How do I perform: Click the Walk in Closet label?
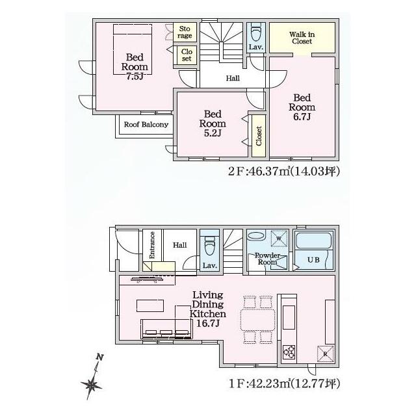click(x=302, y=38)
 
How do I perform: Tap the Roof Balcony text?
click(x=146, y=124)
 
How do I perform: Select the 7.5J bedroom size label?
click(x=135, y=77)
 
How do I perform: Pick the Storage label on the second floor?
click(x=185, y=32)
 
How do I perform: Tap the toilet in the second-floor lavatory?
click(x=256, y=32)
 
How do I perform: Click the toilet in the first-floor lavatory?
click(x=209, y=246)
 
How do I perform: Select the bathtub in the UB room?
click(x=313, y=240)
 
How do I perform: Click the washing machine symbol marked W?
click(x=279, y=239)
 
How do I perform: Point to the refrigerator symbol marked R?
click(x=325, y=354)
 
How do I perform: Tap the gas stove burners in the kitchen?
click(x=289, y=352)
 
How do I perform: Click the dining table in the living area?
click(x=258, y=320)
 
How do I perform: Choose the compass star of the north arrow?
click(x=92, y=385)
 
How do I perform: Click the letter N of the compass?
click(x=99, y=357)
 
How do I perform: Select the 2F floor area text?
click(x=284, y=172)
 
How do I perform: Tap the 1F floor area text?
click(x=284, y=383)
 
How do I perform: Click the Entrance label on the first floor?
click(x=151, y=245)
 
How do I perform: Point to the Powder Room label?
click(x=267, y=259)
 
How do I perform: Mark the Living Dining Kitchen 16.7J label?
click(x=208, y=309)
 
